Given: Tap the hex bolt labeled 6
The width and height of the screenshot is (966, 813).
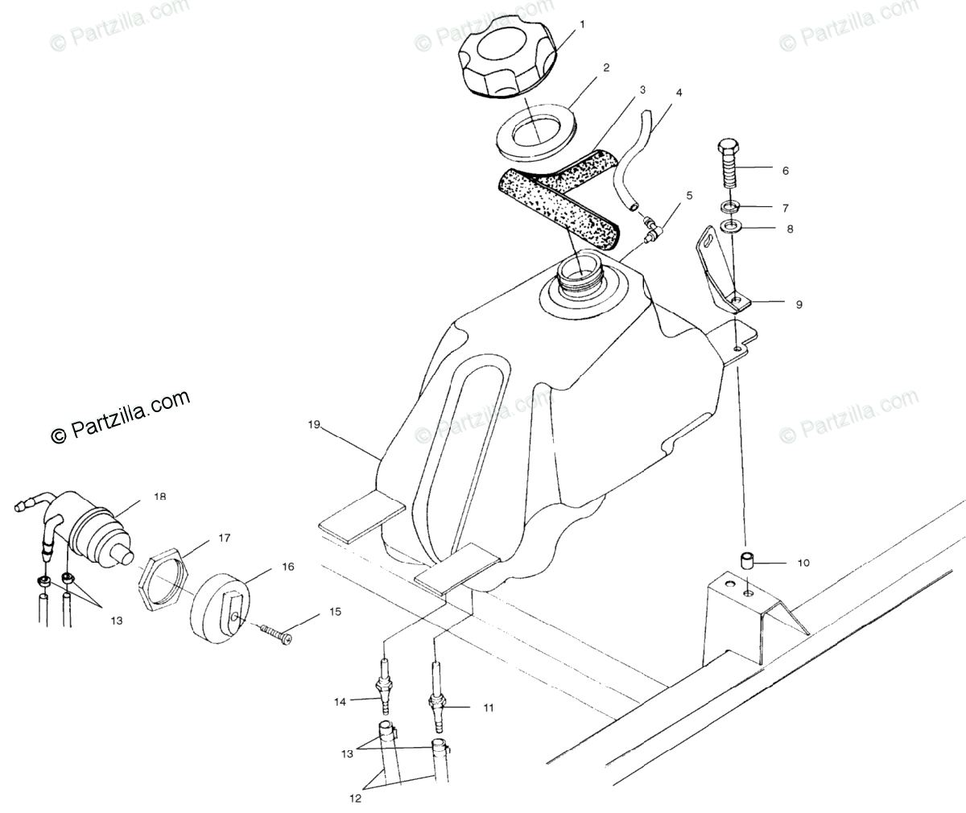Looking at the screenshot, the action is point(725,169).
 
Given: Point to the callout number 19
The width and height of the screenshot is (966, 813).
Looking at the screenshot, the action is point(315,423).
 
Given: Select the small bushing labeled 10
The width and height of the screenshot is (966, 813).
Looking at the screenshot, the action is point(747,561).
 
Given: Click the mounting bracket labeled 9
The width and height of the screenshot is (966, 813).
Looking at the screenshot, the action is point(721,274).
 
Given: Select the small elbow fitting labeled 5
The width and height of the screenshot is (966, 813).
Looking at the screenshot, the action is point(652,234).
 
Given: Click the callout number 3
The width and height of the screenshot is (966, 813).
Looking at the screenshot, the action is point(642,90).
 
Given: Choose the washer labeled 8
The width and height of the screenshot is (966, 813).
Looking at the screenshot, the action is point(731,229).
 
